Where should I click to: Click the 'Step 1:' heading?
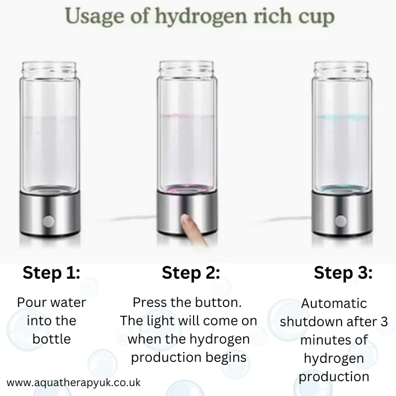pyautogui.click(x=51, y=273)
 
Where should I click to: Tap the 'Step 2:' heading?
pyautogui.click(x=191, y=273)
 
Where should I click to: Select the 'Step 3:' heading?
pyautogui.click(x=343, y=273)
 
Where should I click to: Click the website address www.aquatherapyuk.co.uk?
pyautogui.click(x=74, y=382)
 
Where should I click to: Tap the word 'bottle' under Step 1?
pyautogui.click(x=51, y=338)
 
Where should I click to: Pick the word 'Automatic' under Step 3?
pyautogui.click(x=334, y=304)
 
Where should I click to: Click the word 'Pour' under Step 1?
pyautogui.click(x=32, y=302)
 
